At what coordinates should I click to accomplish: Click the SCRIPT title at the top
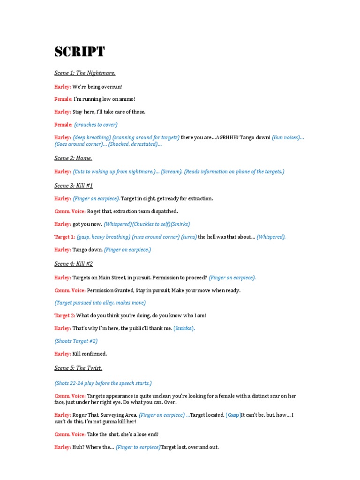[x=79, y=52]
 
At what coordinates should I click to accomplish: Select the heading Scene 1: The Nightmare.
[x=85, y=73]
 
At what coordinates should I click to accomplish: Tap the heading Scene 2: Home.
[x=73, y=158]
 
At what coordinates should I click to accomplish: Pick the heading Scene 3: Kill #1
[x=74, y=186]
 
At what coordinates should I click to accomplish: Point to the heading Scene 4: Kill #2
[x=74, y=264]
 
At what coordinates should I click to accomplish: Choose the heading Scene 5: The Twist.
[x=78, y=368]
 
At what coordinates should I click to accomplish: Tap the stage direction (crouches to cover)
[x=96, y=125]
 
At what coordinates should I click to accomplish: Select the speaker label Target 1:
[x=65, y=237]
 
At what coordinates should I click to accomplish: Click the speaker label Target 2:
[x=65, y=316]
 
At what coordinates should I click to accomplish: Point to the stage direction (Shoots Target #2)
[x=76, y=341]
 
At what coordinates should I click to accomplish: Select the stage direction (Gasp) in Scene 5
[x=233, y=415]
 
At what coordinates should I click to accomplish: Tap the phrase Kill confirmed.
[x=90, y=354]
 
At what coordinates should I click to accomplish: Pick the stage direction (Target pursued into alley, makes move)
[x=100, y=303]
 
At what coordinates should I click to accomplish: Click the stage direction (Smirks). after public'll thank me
[x=184, y=329]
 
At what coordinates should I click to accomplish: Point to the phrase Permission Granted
[x=108, y=291]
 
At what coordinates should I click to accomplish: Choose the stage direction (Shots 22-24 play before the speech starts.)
[x=103, y=383]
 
